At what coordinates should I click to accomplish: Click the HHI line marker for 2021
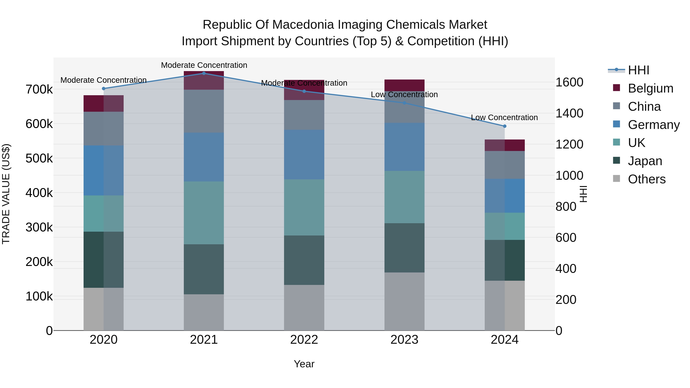pos(204,73)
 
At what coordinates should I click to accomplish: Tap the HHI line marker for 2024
pos(505,126)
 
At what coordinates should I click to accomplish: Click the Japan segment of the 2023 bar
pos(404,248)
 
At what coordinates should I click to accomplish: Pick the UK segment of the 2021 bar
pos(204,213)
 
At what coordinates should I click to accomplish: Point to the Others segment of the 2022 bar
pos(304,308)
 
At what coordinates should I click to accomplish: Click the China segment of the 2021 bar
pos(204,111)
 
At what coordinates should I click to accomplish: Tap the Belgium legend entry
pos(650,88)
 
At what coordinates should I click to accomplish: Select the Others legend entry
pos(647,179)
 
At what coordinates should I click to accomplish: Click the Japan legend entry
pos(645,161)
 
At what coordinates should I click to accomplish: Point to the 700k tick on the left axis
pos(39,89)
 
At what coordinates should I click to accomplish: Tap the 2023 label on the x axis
pos(404,340)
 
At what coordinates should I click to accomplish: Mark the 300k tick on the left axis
pos(39,227)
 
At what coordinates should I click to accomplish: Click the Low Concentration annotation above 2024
pos(504,118)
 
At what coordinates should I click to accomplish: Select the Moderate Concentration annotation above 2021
pos(204,65)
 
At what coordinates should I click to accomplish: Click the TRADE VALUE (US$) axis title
pos(6,194)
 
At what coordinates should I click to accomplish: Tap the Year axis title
pos(304,364)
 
